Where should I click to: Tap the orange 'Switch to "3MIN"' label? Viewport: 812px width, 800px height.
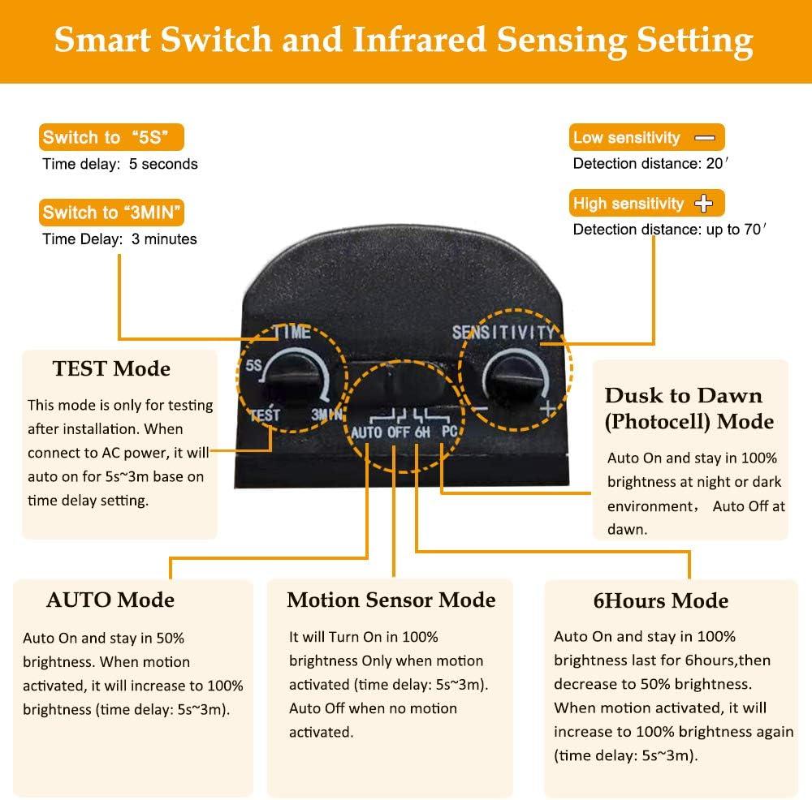click(112, 213)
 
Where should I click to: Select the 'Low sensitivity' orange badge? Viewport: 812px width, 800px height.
click(646, 137)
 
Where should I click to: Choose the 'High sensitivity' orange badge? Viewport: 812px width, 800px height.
click(646, 203)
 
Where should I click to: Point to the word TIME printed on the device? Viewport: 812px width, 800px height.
click(292, 332)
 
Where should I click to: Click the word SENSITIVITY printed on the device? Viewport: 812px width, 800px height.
click(503, 332)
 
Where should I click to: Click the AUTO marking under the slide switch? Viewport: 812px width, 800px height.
click(367, 432)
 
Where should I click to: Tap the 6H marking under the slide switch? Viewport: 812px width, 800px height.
click(422, 432)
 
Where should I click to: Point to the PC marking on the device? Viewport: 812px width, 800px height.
click(449, 431)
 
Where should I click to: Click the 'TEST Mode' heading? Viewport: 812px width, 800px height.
click(111, 368)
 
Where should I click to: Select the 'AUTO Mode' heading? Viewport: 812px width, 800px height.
click(110, 600)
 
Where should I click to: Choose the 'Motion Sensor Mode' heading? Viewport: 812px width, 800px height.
click(391, 600)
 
